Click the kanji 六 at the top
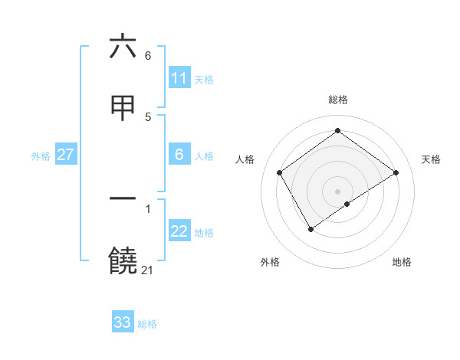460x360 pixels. (123, 47)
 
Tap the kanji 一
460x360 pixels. (123, 198)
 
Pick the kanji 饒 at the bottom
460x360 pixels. (123, 261)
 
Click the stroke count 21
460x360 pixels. (147, 270)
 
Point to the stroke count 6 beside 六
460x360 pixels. (148, 55)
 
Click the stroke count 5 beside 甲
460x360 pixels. (148, 116)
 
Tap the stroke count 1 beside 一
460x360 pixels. (148, 207)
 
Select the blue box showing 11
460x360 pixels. (179, 78)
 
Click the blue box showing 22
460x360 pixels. (179, 232)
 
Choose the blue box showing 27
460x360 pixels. (65, 155)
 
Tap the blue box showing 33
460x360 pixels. (123, 322)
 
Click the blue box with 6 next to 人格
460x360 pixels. (179, 155)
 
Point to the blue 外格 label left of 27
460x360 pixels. (41, 156)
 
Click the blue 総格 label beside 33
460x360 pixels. (147, 324)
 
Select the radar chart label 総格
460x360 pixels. (337, 100)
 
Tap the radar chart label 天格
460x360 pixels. (432, 159)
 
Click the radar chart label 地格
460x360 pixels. (402, 262)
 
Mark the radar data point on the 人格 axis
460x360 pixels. (280, 172)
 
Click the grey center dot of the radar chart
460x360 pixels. (337, 191)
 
